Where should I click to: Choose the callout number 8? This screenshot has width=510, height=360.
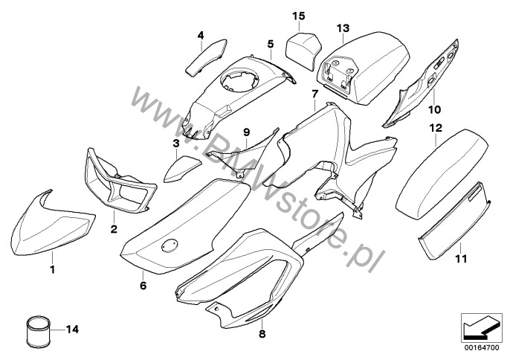[x=262, y=335]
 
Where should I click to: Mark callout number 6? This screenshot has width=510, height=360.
[x=143, y=284]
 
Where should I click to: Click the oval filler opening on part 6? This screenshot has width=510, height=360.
[x=170, y=244]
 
